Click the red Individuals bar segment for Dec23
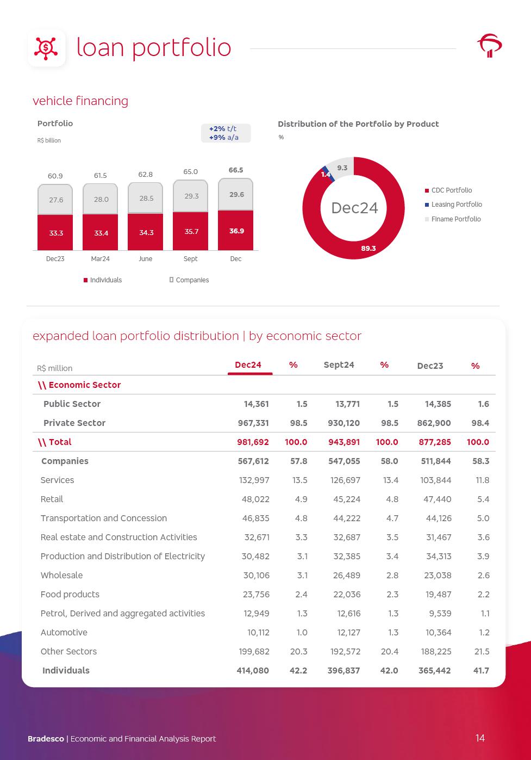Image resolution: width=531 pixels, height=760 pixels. (x=55, y=232)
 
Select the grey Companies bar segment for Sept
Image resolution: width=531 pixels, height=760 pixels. (x=191, y=196)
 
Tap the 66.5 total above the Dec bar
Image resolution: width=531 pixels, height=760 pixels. (x=236, y=170)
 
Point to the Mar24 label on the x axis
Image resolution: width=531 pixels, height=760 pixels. (x=101, y=259)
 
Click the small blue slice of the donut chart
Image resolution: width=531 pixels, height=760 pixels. (x=324, y=170)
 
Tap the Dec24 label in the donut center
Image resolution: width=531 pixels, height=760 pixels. (x=354, y=208)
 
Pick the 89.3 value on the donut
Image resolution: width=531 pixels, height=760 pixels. (x=368, y=248)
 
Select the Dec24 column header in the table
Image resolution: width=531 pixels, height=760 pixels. (x=248, y=365)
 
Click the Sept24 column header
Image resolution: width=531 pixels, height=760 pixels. (x=339, y=365)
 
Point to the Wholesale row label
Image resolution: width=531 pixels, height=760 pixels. (x=61, y=576)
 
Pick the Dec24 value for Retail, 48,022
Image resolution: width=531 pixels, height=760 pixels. (x=255, y=499)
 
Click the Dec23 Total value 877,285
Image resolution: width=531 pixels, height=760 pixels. (x=435, y=442)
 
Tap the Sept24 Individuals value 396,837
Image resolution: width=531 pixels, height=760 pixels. (x=343, y=671)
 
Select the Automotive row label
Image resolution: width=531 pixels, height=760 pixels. (x=64, y=633)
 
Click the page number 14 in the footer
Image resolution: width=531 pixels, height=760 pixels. (x=480, y=738)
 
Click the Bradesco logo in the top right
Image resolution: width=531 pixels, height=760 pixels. (x=489, y=45)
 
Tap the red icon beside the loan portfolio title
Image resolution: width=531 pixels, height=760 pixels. (x=47, y=48)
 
